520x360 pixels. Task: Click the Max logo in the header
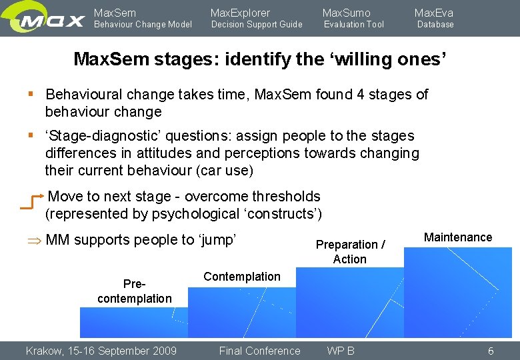tap(51, 19)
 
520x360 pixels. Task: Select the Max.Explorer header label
tap(241, 13)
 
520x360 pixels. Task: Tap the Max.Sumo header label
tap(347, 13)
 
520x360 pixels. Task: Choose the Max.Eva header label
tap(434, 13)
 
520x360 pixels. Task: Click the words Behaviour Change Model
tap(143, 25)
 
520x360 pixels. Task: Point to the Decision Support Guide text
tap(257, 25)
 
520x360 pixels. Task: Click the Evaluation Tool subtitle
tap(354, 25)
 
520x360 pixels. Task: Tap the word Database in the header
tap(435, 25)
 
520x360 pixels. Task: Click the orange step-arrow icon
tap(32, 202)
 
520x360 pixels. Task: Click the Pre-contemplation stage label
tap(134, 291)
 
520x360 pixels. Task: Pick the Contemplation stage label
tap(242, 277)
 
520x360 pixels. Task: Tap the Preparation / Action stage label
tap(350, 252)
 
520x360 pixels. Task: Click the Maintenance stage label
tap(458, 237)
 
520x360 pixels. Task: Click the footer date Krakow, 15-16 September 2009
tap(101, 351)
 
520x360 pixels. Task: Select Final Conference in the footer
tap(260, 351)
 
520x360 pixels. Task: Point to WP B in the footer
tap(341, 351)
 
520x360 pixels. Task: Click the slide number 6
tap(491, 351)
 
